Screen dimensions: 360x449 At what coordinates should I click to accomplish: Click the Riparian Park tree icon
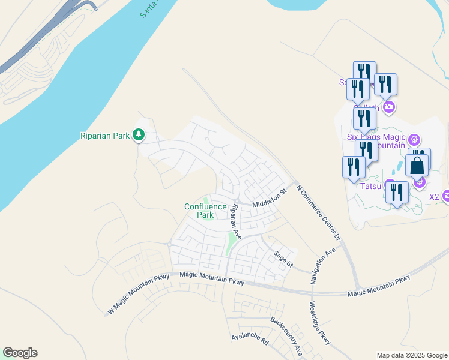click(x=139, y=135)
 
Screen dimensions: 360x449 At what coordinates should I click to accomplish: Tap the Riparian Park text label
click(x=105, y=136)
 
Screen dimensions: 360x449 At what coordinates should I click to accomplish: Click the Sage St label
click(x=283, y=259)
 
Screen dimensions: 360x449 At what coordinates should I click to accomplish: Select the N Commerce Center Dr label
click(x=319, y=212)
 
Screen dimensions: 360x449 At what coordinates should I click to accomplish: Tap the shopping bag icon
click(x=417, y=165)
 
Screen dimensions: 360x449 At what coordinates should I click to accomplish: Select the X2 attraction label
click(x=434, y=196)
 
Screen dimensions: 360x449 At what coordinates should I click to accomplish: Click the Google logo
click(x=20, y=353)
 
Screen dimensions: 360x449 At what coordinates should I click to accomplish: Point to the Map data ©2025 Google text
click(x=411, y=355)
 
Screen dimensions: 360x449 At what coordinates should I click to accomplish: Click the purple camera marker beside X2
click(x=446, y=196)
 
